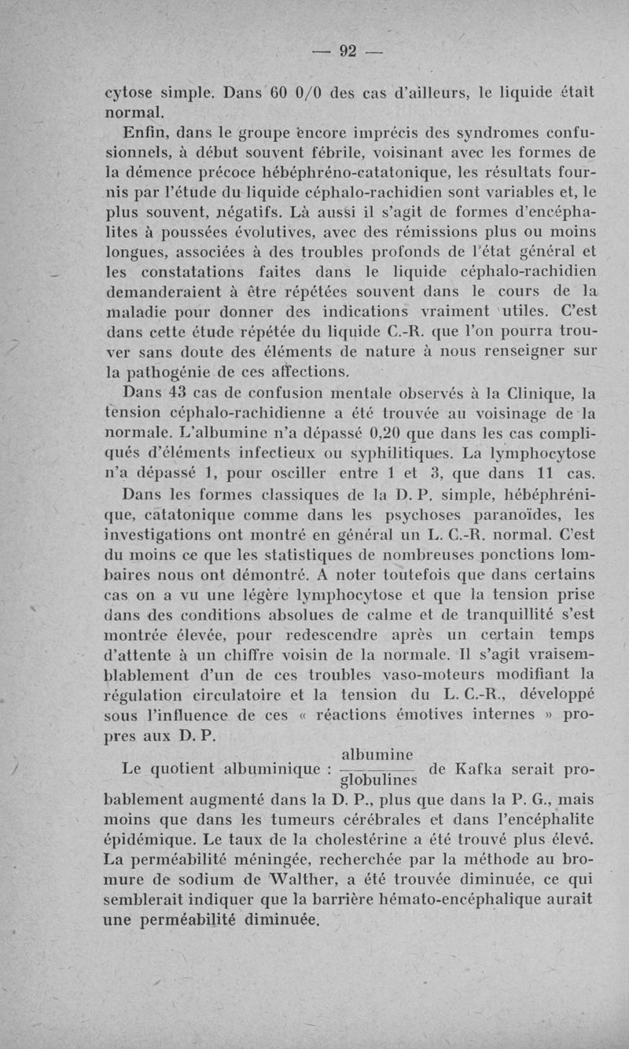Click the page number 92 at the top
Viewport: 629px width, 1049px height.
[347, 52]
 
